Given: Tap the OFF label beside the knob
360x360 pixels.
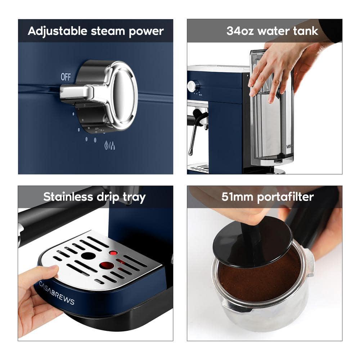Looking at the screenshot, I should pyautogui.click(x=66, y=77).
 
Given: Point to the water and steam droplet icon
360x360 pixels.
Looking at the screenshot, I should pyautogui.click(x=109, y=146).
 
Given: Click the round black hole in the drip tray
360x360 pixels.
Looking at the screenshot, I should pyautogui.click(x=88, y=256).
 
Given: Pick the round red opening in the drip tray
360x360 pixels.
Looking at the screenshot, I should pyautogui.click(x=107, y=265).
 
